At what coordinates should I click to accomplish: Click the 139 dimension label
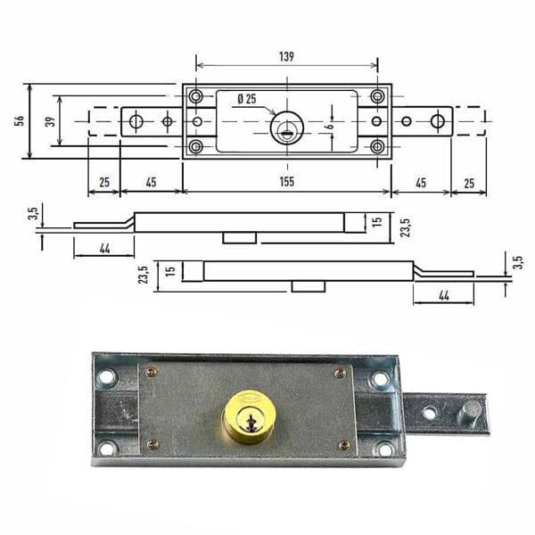click(x=286, y=57)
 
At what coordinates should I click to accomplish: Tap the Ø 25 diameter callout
click(x=247, y=99)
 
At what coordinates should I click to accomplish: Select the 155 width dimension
click(x=286, y=182)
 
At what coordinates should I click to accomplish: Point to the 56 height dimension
click(x=20, y=120)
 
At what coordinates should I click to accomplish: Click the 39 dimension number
click(x=50, y=121)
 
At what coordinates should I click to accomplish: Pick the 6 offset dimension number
click(x=330, y=126)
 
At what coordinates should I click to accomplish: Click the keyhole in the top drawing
click(x=287, y=129)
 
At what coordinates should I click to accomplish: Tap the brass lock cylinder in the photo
click(x=250, y=417)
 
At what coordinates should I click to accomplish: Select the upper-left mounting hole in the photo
click(x=106, y=377)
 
